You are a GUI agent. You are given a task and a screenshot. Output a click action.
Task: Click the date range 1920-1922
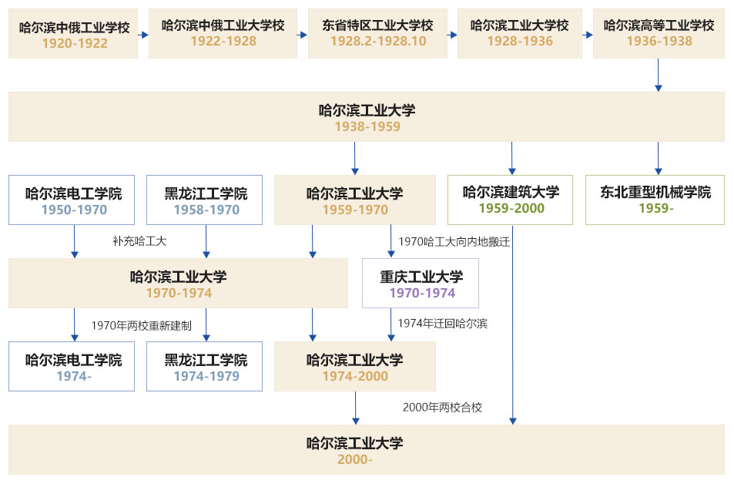pyautogui.click(x=74, y=43)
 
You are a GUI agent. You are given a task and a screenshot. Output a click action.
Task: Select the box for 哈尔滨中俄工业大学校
pyautogui.click(x=223, y=33)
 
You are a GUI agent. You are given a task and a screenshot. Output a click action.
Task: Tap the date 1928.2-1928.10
pyautogui.click(x=377, y=42)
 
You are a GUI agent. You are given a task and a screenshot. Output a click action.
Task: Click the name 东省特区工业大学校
pyautogui.click(x=377, y=25)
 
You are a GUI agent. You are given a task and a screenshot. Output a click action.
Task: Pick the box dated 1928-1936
pyautogui.click(x=520, y=33)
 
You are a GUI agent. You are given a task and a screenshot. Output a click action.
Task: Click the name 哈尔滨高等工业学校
pyautogui.click(x=659, y=25)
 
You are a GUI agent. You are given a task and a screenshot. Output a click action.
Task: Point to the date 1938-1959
pyautogui.click(x=367, y=126)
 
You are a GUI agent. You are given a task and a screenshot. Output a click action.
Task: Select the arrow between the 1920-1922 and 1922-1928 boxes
pyautogui.click(x=143, y=34)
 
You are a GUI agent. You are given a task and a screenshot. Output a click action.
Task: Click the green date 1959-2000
pyautogui.click(x=511, y=208)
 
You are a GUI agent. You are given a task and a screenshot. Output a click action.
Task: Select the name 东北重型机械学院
pyautogui.click(x=655, y=193)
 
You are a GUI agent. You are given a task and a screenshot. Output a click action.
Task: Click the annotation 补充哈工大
pyautogui.click(x=139, y=241)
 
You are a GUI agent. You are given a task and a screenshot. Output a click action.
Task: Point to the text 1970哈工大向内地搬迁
pyautogui.click(x=454, y=241)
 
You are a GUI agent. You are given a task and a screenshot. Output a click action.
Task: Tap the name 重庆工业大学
pyautogui.click(x=421, y=277)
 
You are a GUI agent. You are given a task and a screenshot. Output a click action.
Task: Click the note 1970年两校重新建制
pyautogui.click(x=141, y=325)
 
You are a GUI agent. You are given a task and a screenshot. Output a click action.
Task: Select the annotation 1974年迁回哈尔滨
pyautogui.click(x=442, y=324)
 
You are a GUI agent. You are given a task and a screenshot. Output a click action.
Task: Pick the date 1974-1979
pyautogui.click(x=206, y=376)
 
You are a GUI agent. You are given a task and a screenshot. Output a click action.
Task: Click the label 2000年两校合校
pyautogui.click(x=442, y=407)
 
